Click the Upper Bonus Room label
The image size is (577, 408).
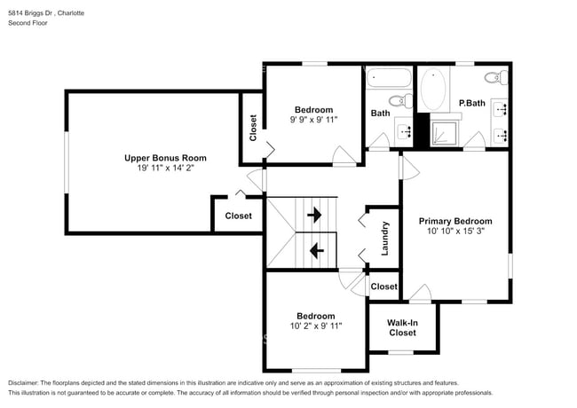pyautogui.click(x=159, y=158)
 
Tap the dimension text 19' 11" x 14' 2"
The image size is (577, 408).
pyautogui.click(x=159, y=169)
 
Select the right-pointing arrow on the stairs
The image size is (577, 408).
pyautogui.click(x=313, y=215)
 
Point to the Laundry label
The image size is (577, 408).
pyautogui.click(x=385, y=239)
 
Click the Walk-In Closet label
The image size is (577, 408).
pyautogui.click(x=402, y=327)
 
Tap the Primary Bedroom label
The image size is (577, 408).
pyautogui.click(x=455, y=221)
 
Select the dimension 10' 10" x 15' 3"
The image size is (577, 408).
pyautogui.click(x=455, y=231)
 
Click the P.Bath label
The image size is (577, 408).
pyautogui.click(x=471, y=103)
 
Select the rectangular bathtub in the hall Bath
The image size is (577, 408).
pyautogui.click(x=387, y=78)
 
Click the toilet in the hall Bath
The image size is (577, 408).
pyautogui.click(x=401, y=99)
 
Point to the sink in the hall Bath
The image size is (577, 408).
pyautogui.click(x=407, y=132)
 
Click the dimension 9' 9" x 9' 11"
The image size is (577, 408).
pyautogui.click(x=314, y=120)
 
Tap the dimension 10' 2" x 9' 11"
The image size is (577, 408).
pyautogui.click(x=316, y=326)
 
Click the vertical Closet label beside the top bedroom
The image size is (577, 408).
pyautogui.click(x=253, y=129)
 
